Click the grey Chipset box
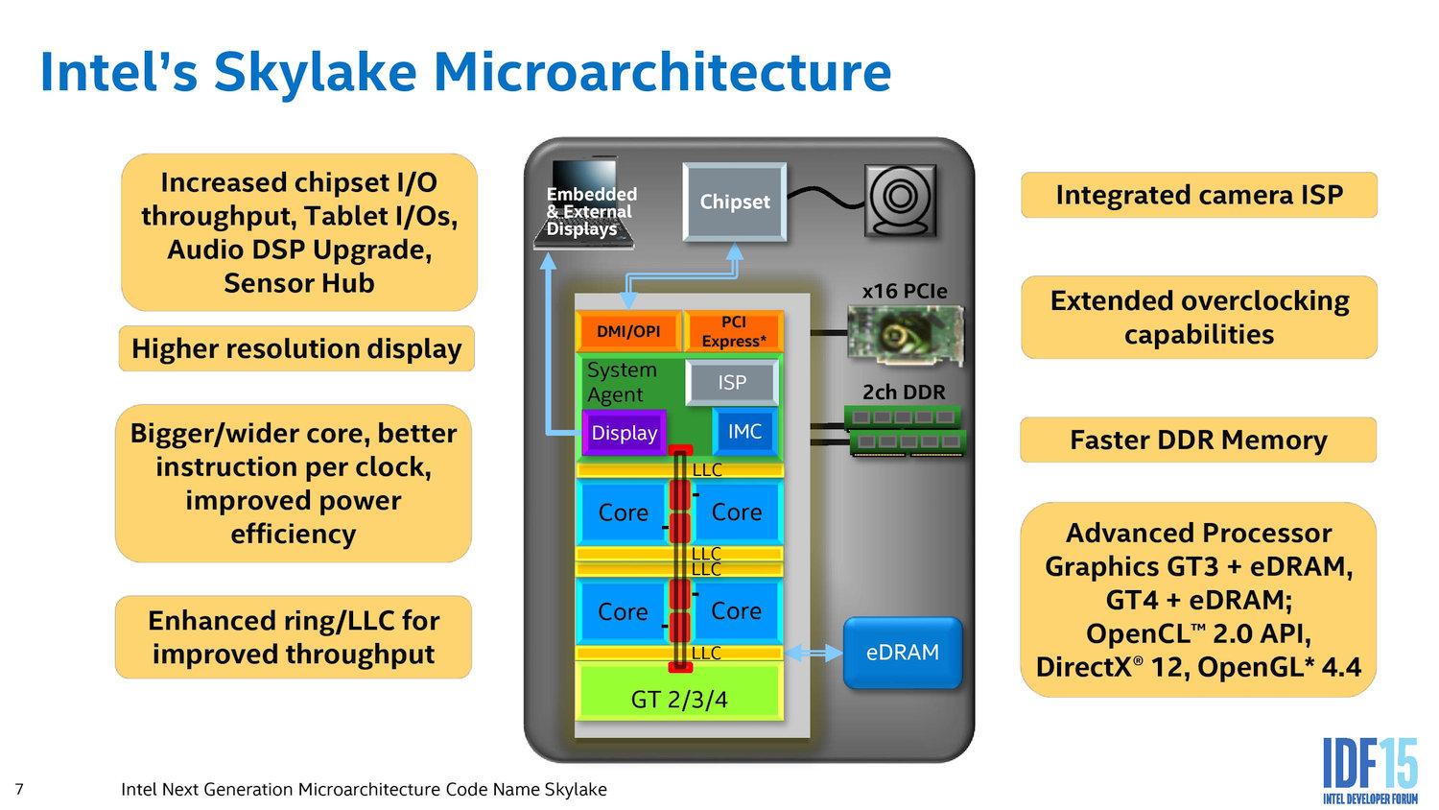734,202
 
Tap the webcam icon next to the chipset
901,200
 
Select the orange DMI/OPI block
628,331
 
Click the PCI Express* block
734,331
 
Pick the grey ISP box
732,383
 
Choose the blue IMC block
744,432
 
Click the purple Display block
624,433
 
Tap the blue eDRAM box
902,653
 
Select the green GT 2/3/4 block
679,699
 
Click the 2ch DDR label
904,393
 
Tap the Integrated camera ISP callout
1198,195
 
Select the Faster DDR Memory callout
1198,440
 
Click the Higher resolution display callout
296,348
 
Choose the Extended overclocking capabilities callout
1198,317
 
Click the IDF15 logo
1369,769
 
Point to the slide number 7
19,790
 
